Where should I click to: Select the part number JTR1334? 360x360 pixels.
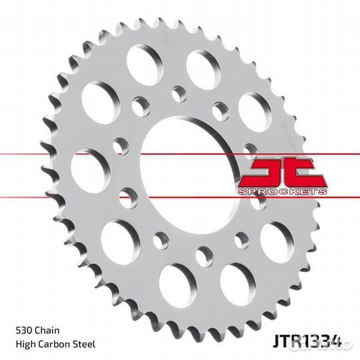click(311, 344)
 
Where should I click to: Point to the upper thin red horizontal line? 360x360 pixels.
click(67, 155)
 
